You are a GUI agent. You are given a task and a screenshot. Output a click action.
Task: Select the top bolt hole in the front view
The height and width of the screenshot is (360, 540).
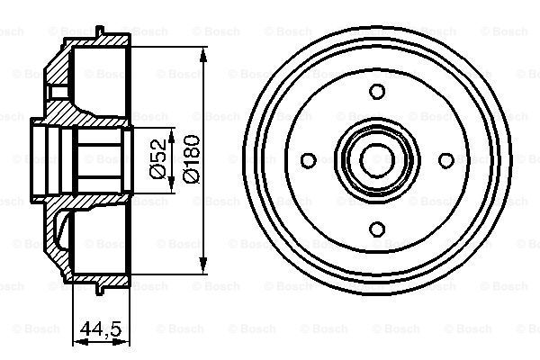[377, 92]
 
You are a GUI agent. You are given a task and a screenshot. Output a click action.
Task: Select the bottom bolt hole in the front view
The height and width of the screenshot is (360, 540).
[377, 227]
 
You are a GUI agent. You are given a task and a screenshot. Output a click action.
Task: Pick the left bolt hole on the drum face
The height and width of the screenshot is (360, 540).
[309, 160]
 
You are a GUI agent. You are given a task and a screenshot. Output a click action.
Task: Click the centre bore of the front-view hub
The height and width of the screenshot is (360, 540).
[377, 160]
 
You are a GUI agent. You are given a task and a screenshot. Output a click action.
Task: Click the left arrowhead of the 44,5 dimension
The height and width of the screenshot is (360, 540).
[75, 339]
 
